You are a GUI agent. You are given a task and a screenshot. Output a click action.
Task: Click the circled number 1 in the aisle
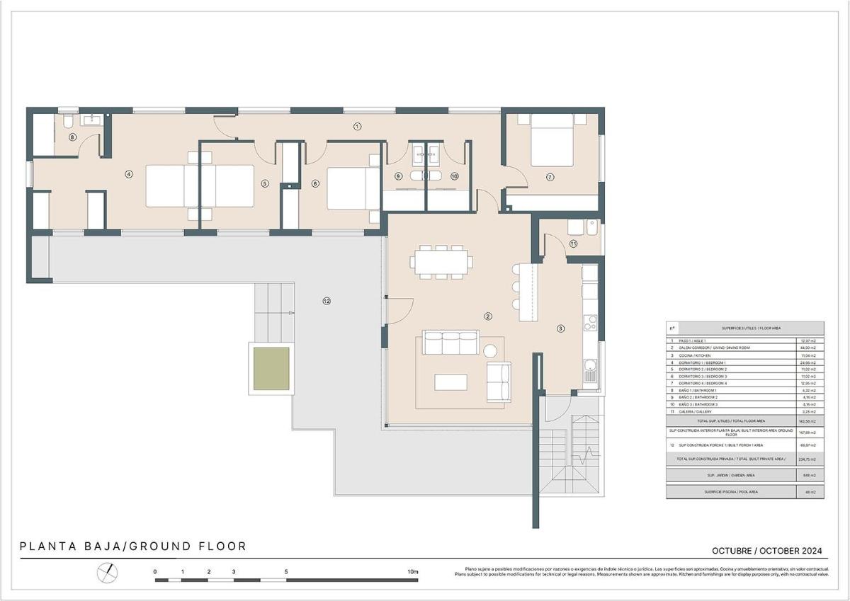point(357,127)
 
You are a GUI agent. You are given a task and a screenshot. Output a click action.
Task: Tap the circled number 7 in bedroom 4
point(550,176)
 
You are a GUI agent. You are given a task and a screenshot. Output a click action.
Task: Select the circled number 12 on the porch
point(327,301)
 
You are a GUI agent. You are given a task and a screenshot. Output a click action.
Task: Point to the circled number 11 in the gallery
point(573,244)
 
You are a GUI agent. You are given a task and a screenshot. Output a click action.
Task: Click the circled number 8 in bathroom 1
point(72,137)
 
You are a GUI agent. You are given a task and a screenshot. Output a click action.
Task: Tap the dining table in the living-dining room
point(441,261)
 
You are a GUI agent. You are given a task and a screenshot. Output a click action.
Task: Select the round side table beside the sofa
point(491,349)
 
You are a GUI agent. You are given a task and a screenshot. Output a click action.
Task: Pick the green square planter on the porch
point(271,367)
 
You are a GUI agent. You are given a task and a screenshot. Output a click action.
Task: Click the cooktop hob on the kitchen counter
point(589,324)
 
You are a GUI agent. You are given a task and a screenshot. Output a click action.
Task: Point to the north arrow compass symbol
point(107,571)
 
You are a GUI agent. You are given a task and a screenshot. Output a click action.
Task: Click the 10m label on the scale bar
point(413,571)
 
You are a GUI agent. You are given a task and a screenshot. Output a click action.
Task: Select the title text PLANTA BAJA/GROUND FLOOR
point(133,546)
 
